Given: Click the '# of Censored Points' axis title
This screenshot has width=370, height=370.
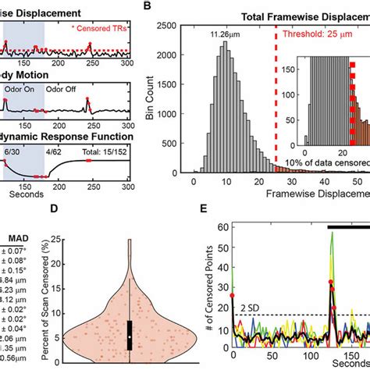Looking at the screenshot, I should (x=205, y=297).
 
